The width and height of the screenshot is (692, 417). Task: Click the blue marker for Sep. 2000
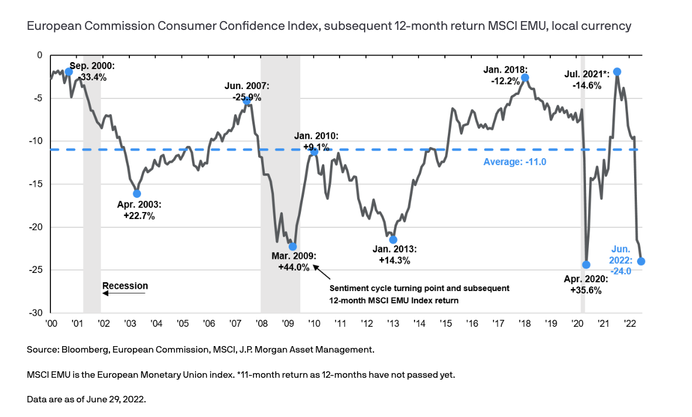[68, 71]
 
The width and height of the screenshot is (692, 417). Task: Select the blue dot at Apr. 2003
[137, 193]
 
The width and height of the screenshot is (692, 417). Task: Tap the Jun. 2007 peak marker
[247, 101]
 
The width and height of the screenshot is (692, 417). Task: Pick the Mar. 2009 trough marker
[293, 247]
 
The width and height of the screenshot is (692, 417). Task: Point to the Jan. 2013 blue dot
[393, 240]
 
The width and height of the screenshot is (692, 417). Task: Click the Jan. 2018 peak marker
[525, 77]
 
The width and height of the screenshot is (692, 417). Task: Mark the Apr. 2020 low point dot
[586, 265]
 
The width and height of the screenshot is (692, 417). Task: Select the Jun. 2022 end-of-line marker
[641, 261]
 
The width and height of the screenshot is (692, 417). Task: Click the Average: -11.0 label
[515, 162]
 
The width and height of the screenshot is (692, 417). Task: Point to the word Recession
[125, 286]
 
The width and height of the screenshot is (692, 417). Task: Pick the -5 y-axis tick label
[38, 98]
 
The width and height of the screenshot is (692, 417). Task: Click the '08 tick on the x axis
[262, 323]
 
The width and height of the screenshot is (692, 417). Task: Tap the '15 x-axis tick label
[446, 323]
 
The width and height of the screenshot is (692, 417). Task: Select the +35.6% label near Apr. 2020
[585, 290]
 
